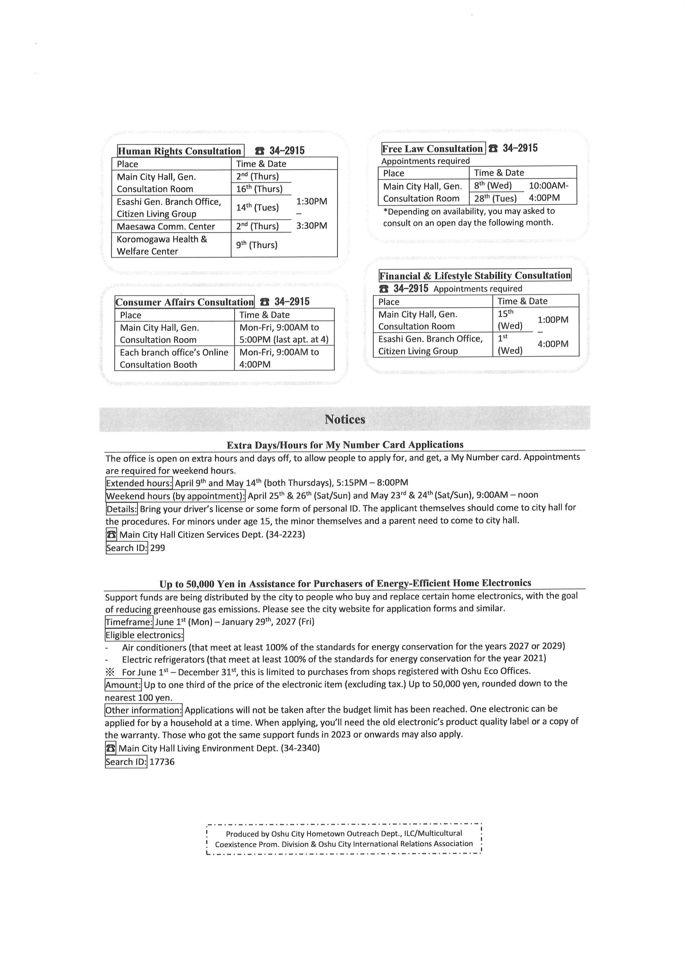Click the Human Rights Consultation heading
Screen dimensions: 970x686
tap(180, 151)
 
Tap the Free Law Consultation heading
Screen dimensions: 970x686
tap(432, 149)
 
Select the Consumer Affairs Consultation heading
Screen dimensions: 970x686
tap(184, 302)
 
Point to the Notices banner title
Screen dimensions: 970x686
tap(345, 419)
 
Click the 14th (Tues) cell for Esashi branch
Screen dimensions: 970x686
tap(257, 207)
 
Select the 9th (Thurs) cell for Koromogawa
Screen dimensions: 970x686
tap(257, 245)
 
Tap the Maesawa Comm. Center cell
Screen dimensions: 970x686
tap(166, 227)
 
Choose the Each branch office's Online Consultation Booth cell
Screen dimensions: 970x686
tap(174, 358)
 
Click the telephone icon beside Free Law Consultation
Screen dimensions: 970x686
tap(493, 149)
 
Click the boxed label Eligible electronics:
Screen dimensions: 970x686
tap(144, 635)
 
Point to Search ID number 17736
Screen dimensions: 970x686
tap(162, 762)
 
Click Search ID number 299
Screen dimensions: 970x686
tap(158, 548)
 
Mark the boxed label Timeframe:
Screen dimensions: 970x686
tap(129, 622)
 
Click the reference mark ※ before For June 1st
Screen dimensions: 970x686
tap(110, 672)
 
